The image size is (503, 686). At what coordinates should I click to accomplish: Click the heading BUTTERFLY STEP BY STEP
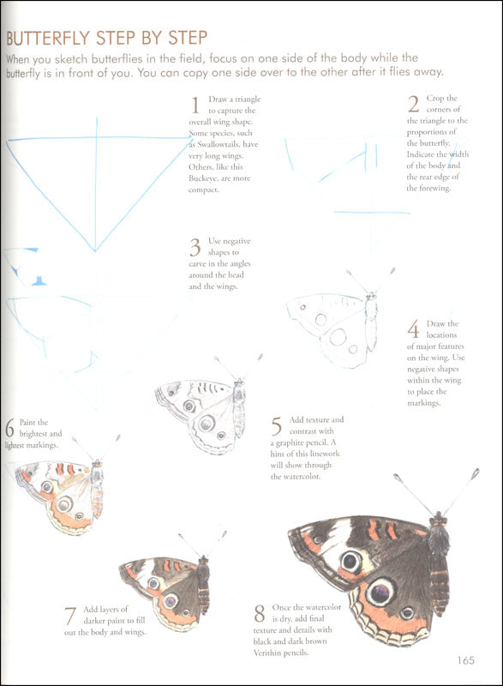tap(107, 39)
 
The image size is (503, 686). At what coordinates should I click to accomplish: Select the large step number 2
tap(413, 105)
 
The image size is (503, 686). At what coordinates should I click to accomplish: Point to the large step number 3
tap(195, 248)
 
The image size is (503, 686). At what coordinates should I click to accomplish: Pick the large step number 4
tap(413, 329)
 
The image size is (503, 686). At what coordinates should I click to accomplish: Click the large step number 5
tap(277, 425)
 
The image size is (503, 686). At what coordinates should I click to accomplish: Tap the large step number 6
tap(9, 427)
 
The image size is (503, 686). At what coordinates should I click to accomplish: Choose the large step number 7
tap(70, 616)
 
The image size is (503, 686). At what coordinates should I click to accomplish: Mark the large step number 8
tap(259, 613)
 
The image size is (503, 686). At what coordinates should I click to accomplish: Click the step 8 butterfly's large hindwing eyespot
tap(380, 591)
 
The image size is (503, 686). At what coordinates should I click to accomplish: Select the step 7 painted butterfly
tap(168, 590)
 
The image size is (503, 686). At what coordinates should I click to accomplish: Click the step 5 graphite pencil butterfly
tap(202, 412)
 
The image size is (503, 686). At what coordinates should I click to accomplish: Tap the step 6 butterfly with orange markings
tap(61, 493)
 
